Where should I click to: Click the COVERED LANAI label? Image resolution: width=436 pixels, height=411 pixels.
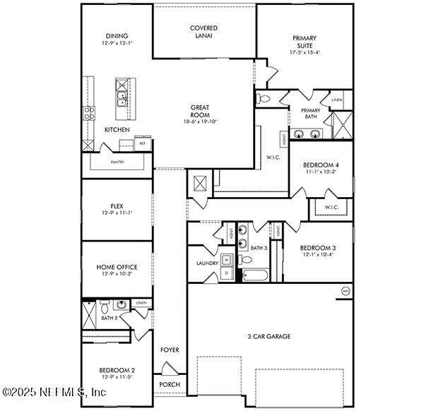coord(204,32)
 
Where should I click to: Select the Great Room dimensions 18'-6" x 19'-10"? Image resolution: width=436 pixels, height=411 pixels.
coord(199,121)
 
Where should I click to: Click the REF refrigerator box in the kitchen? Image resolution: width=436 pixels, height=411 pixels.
coord(142,143)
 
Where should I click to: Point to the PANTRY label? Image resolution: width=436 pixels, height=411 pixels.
coord(117,162)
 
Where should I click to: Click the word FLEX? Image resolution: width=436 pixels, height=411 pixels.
coord(117,205)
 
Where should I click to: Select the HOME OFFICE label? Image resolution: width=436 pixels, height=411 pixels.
coord(117,267)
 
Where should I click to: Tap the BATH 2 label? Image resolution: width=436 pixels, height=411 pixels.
coord(109,318)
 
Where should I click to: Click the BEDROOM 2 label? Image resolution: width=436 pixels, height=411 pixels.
coord(117,370)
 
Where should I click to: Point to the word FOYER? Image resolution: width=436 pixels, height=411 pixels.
coord(170,350)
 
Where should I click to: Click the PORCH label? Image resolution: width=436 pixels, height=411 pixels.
coord(170,385)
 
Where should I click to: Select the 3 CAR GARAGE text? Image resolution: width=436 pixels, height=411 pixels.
coord(269,336)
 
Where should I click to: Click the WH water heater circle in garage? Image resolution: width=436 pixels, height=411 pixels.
coord(346,291)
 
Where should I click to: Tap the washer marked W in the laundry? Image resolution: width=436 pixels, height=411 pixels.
coord(227,258)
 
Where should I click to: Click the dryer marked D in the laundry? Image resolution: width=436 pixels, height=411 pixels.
coord(227,272)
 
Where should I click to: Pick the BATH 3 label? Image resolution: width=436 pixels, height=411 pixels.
coord(259,248)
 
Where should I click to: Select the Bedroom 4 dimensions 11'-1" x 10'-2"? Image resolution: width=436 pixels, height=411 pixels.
coord(322,171)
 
